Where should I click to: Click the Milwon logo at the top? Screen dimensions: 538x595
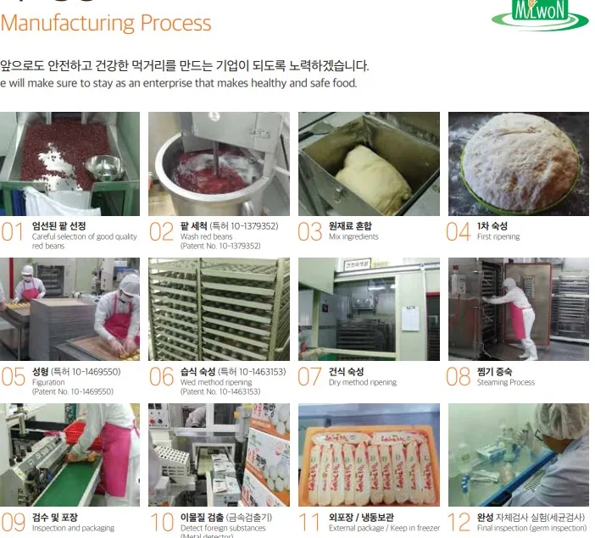(541, 13)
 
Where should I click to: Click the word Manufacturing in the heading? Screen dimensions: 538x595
(67, 22)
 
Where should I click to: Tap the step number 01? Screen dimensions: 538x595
(13, 232)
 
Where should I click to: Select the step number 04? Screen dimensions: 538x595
(458, 232)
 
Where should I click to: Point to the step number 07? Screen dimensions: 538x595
(309, 377)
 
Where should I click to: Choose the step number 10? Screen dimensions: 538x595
(161, 522)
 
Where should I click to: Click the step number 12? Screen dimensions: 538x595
(458, 522)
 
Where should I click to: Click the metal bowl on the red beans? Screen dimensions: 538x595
(104, 167)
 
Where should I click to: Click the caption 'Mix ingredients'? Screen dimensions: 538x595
(353, 237)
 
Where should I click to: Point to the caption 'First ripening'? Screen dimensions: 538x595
(498, 237)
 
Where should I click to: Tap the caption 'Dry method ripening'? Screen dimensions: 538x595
(363, 383)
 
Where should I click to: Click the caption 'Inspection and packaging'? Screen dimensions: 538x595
(73, 528)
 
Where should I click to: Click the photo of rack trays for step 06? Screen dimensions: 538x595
(219, 309)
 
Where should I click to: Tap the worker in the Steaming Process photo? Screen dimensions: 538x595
(515, 315)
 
